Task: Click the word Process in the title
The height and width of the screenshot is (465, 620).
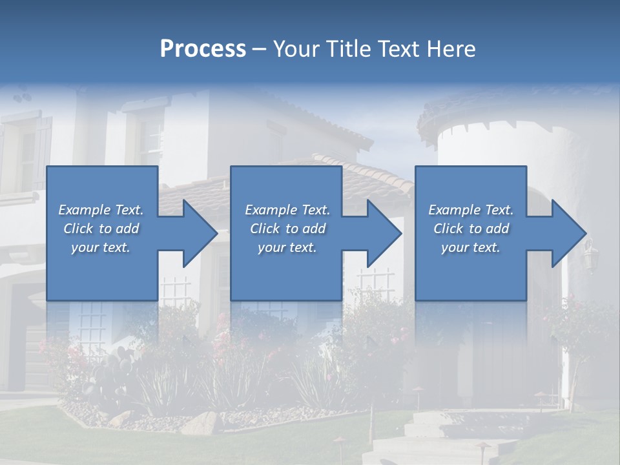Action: [x=203, y=49]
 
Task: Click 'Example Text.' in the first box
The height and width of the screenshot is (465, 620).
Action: [x=101, y=210]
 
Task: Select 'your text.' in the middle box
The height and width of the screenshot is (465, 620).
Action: [x=287, y=247]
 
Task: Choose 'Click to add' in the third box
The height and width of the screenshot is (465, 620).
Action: [x=471, y=229]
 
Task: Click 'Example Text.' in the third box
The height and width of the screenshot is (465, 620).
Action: [x=471, y=210]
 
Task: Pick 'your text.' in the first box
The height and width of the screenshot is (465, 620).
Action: [x=101, y=247]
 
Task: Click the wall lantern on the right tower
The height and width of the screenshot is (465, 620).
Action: [x=589, y=255]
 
